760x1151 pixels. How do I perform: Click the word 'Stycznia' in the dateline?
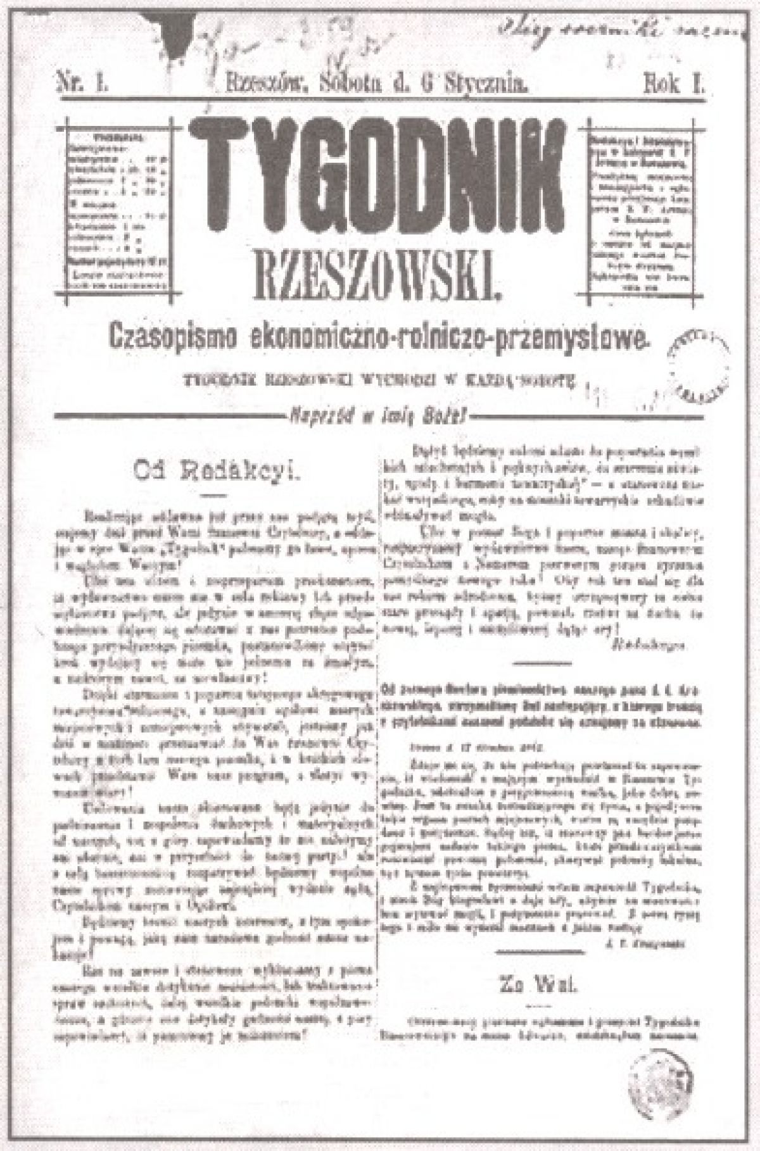coord(488,83)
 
